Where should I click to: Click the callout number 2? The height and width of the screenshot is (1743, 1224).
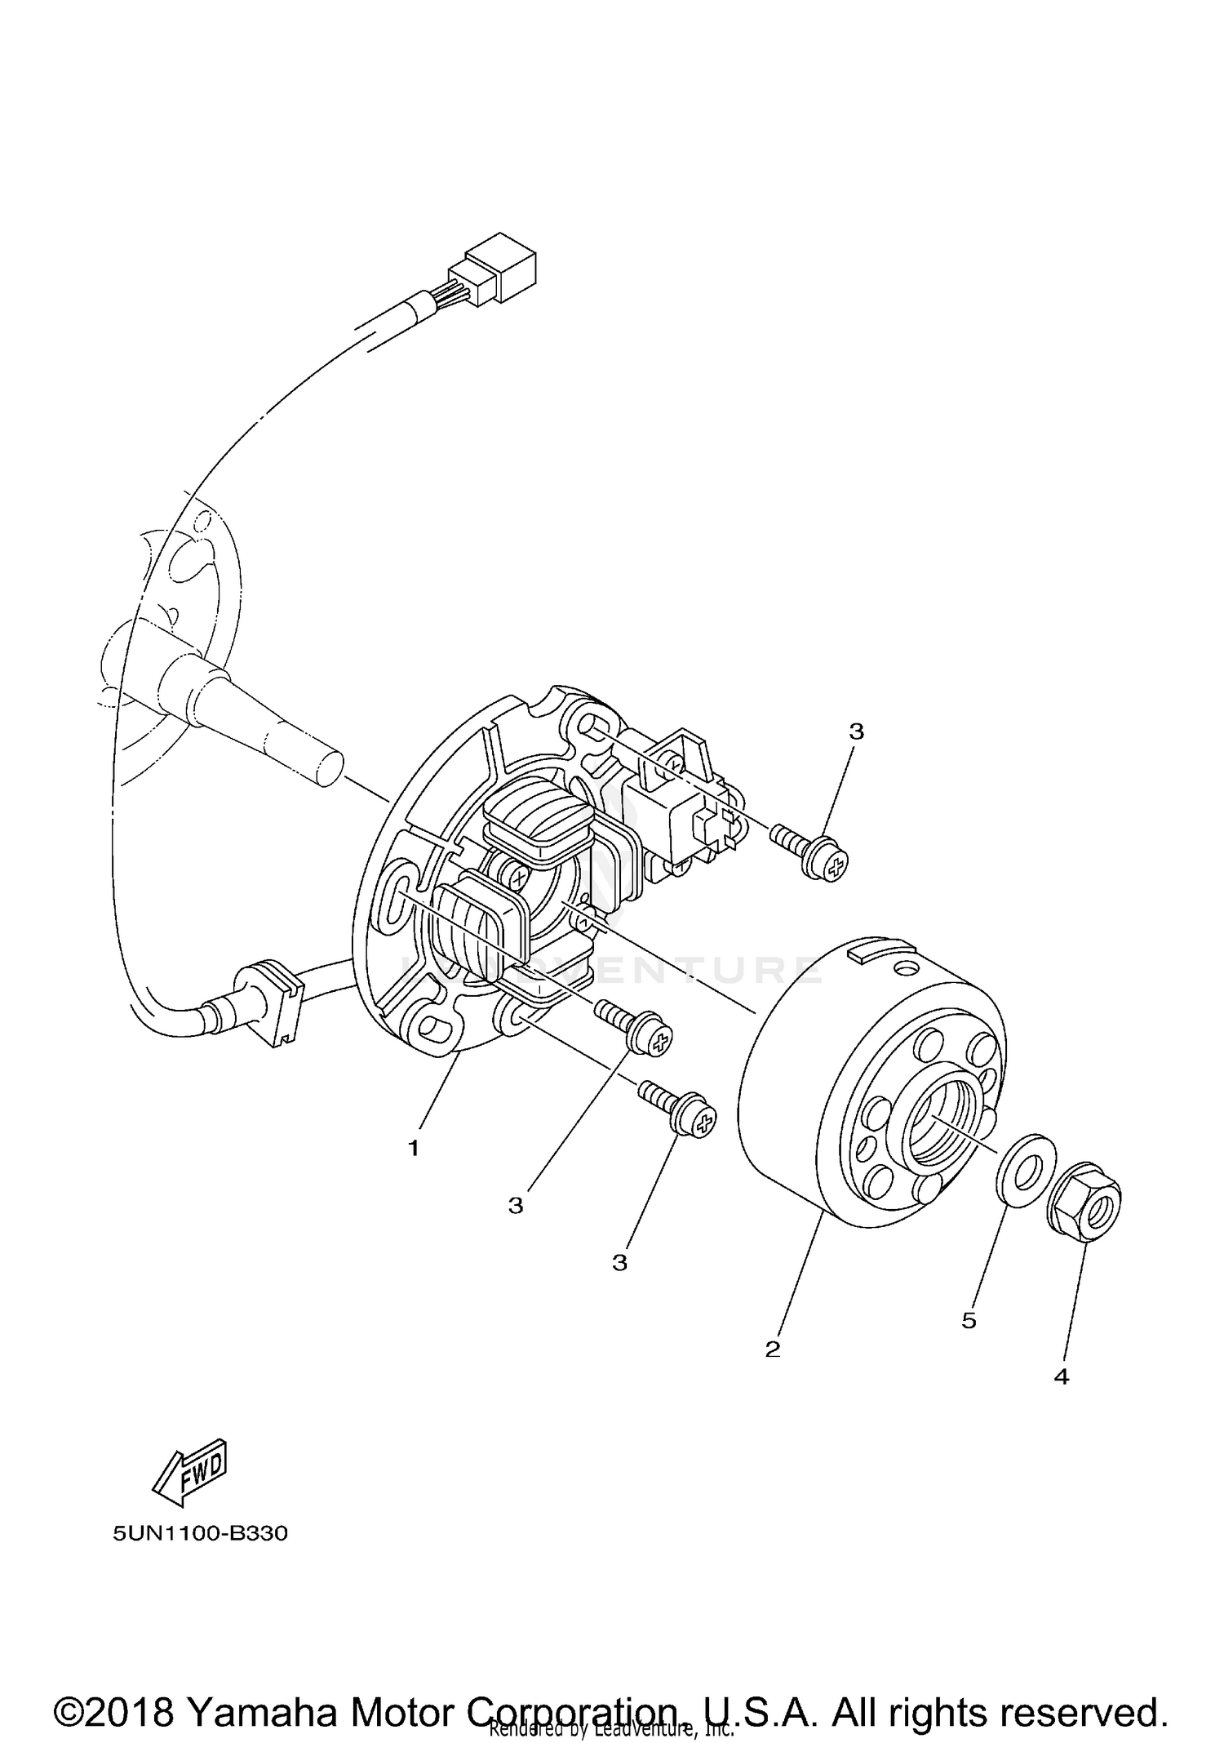point(772,1349)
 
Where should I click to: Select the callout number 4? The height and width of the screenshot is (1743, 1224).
point(1061,1377)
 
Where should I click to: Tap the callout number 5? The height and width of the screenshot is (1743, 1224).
point(969,1321)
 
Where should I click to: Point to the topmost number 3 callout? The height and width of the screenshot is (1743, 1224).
point(856,731)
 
